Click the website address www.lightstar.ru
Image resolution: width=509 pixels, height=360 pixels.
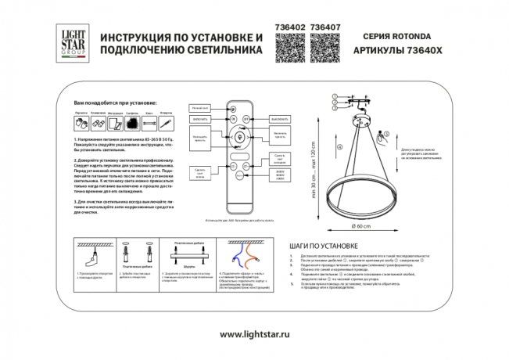coord(254,334)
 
